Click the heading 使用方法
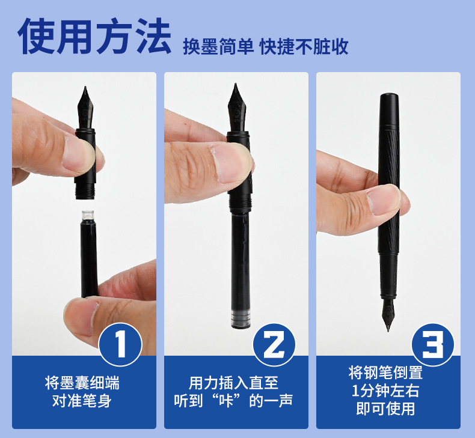[94, 36]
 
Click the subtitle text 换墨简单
[218, 47]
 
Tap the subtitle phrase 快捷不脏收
[304, 47]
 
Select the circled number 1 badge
[120, 344]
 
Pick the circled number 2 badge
[274, 344]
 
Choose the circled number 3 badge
[432, 344]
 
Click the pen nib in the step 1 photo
[85, 108]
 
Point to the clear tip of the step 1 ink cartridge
[88, 215]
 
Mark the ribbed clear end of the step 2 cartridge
[241, 318]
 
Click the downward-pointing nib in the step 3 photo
[388, 315]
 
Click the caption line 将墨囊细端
[82, 383]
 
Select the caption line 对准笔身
[82, 401]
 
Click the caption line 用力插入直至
[233, 383]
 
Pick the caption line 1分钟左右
[385, 391]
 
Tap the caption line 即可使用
[385, 409]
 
